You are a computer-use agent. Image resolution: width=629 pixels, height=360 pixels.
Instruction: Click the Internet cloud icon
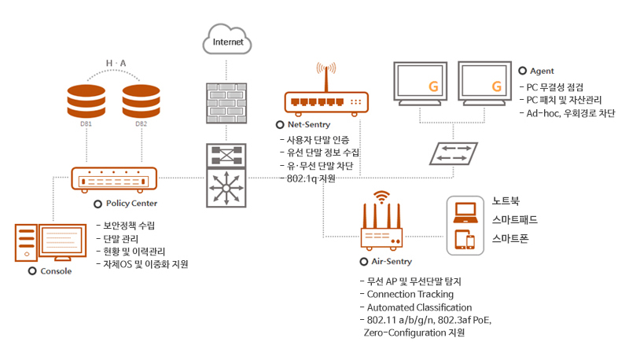point(227,40)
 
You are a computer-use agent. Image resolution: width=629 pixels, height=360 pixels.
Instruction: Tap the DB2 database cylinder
point(141,100)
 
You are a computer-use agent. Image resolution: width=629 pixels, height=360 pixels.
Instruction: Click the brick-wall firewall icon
point(227,100)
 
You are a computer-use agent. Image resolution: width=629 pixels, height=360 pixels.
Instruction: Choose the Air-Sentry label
point(391,261)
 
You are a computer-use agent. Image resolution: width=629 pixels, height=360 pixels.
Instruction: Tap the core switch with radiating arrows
point(227,188)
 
